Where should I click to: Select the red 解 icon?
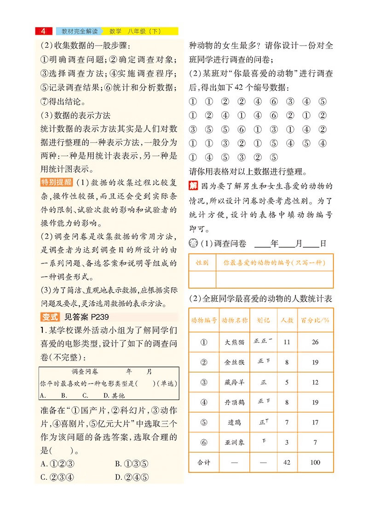coord(193,186)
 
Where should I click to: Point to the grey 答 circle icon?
coord(194,243)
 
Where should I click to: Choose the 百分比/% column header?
coord(315,320)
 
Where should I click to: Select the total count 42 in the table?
coord(287,462)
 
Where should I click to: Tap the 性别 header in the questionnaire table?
coord(202,263)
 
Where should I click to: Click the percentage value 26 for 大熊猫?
coord(315,342)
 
